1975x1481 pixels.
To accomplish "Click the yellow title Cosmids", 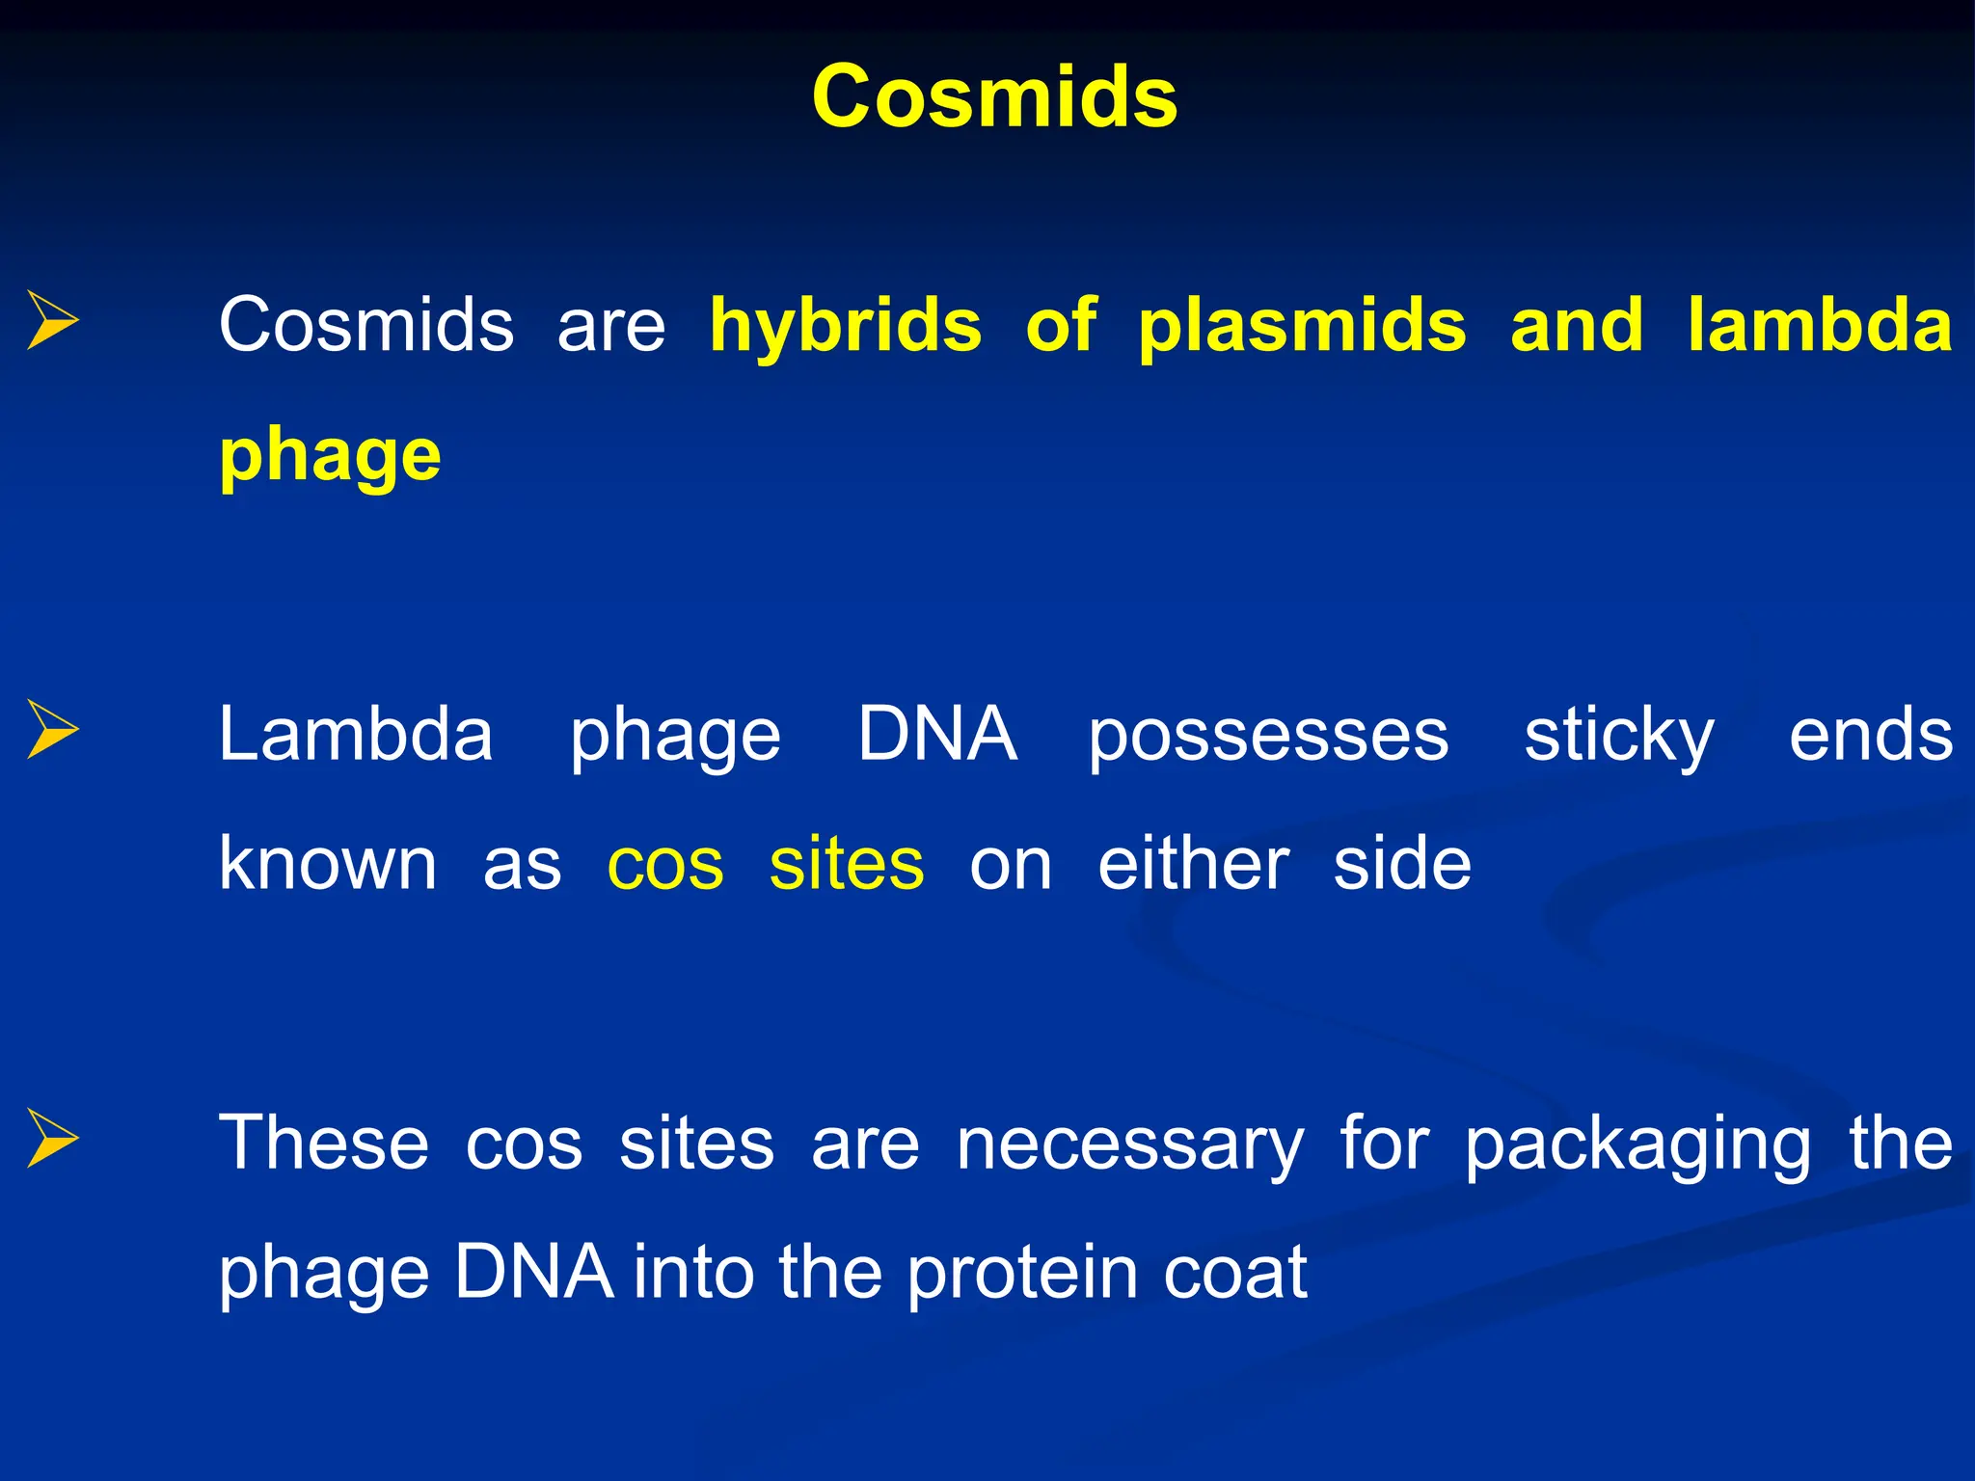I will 994,96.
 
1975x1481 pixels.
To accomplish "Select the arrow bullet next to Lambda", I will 52,729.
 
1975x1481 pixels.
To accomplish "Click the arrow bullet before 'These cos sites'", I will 52,1138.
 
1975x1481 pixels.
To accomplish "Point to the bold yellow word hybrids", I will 846,326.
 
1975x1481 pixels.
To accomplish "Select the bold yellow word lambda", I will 1820,326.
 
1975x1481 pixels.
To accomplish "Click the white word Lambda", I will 356,735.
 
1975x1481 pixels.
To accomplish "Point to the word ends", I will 1871,735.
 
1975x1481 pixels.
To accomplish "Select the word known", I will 328,863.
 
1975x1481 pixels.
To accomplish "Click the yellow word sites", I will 847,863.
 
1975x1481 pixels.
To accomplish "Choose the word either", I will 1193,863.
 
